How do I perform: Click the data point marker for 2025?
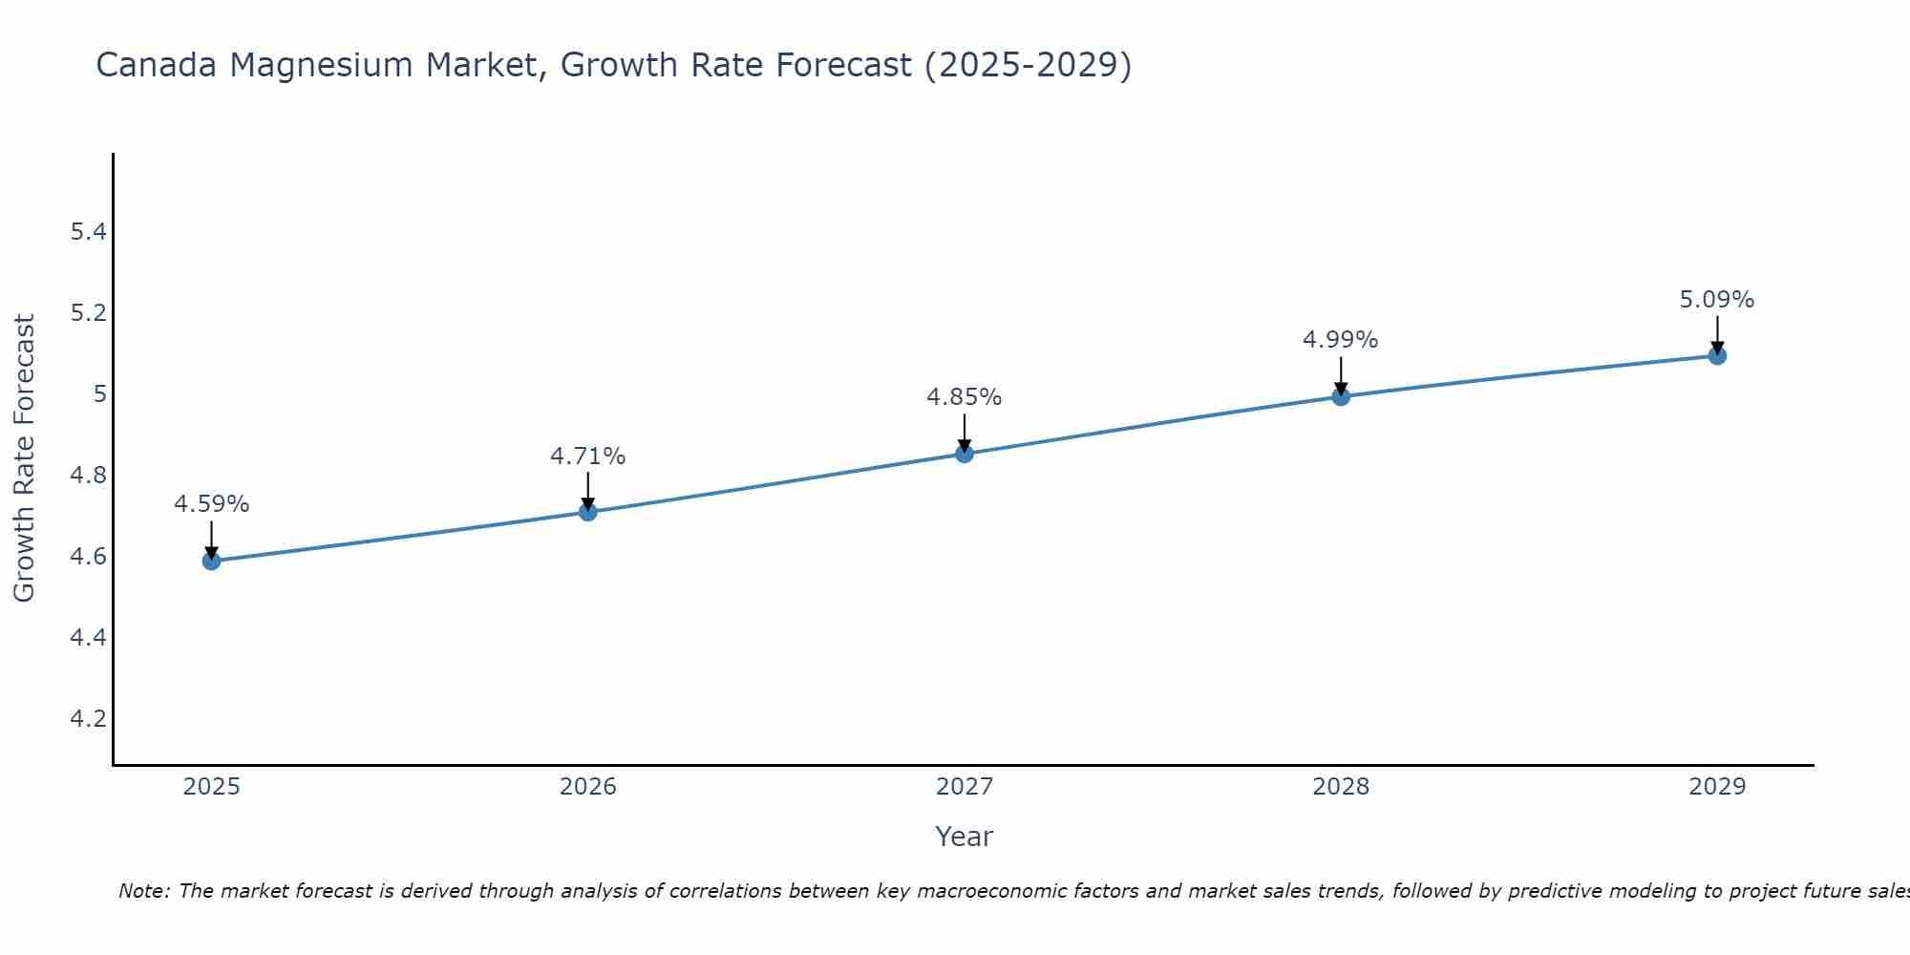[x=211, y=561]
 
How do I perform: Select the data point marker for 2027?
[x=965, y=454]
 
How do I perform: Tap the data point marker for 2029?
[x=1717, y=356]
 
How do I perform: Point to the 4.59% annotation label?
[x=211, y=504]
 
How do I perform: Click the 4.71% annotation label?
[x=587, y=456]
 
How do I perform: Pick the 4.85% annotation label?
[x=964, y=397]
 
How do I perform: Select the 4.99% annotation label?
[x=1340, y=340]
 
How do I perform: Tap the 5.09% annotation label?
[x=1716, y=300]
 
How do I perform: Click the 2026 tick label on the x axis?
[x=587, y=787]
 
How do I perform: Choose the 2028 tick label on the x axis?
[x=1340, y=787]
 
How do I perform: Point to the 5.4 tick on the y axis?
[x=88, y=232]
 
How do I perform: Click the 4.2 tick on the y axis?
[x=88, y=718]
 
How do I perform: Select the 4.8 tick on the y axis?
[x=88, y=476]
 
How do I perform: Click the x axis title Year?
[x=964, y=837]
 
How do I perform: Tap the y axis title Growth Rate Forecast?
[x=24, y=458]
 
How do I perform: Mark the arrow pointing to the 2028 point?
[x=1341, y=375]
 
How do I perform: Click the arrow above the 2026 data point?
[x=587, y=491]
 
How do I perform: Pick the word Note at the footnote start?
[x=143, y=891]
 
